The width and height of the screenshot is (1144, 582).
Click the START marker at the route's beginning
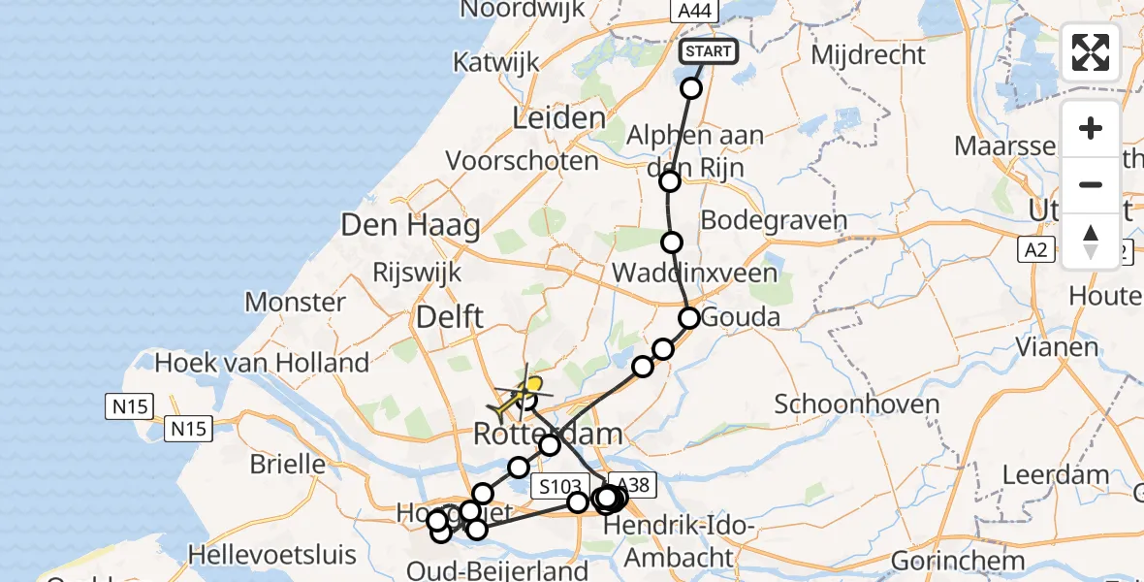710,51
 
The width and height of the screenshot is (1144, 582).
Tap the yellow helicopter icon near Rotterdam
522,394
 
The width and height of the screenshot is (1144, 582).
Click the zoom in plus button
1091,129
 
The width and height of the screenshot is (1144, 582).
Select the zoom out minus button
1091,184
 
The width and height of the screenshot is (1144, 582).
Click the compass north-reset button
1091,241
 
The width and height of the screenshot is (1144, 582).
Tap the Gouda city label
741,317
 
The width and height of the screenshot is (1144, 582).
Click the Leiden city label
558,119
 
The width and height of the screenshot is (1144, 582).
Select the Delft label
449,316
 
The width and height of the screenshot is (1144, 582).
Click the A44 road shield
694,11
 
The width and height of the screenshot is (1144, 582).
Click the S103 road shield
560,485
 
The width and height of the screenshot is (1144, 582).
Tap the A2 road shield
1036,250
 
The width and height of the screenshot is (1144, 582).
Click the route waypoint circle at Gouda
689,317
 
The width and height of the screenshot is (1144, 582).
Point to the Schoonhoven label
843,404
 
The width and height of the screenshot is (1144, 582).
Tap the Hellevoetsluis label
272,556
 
